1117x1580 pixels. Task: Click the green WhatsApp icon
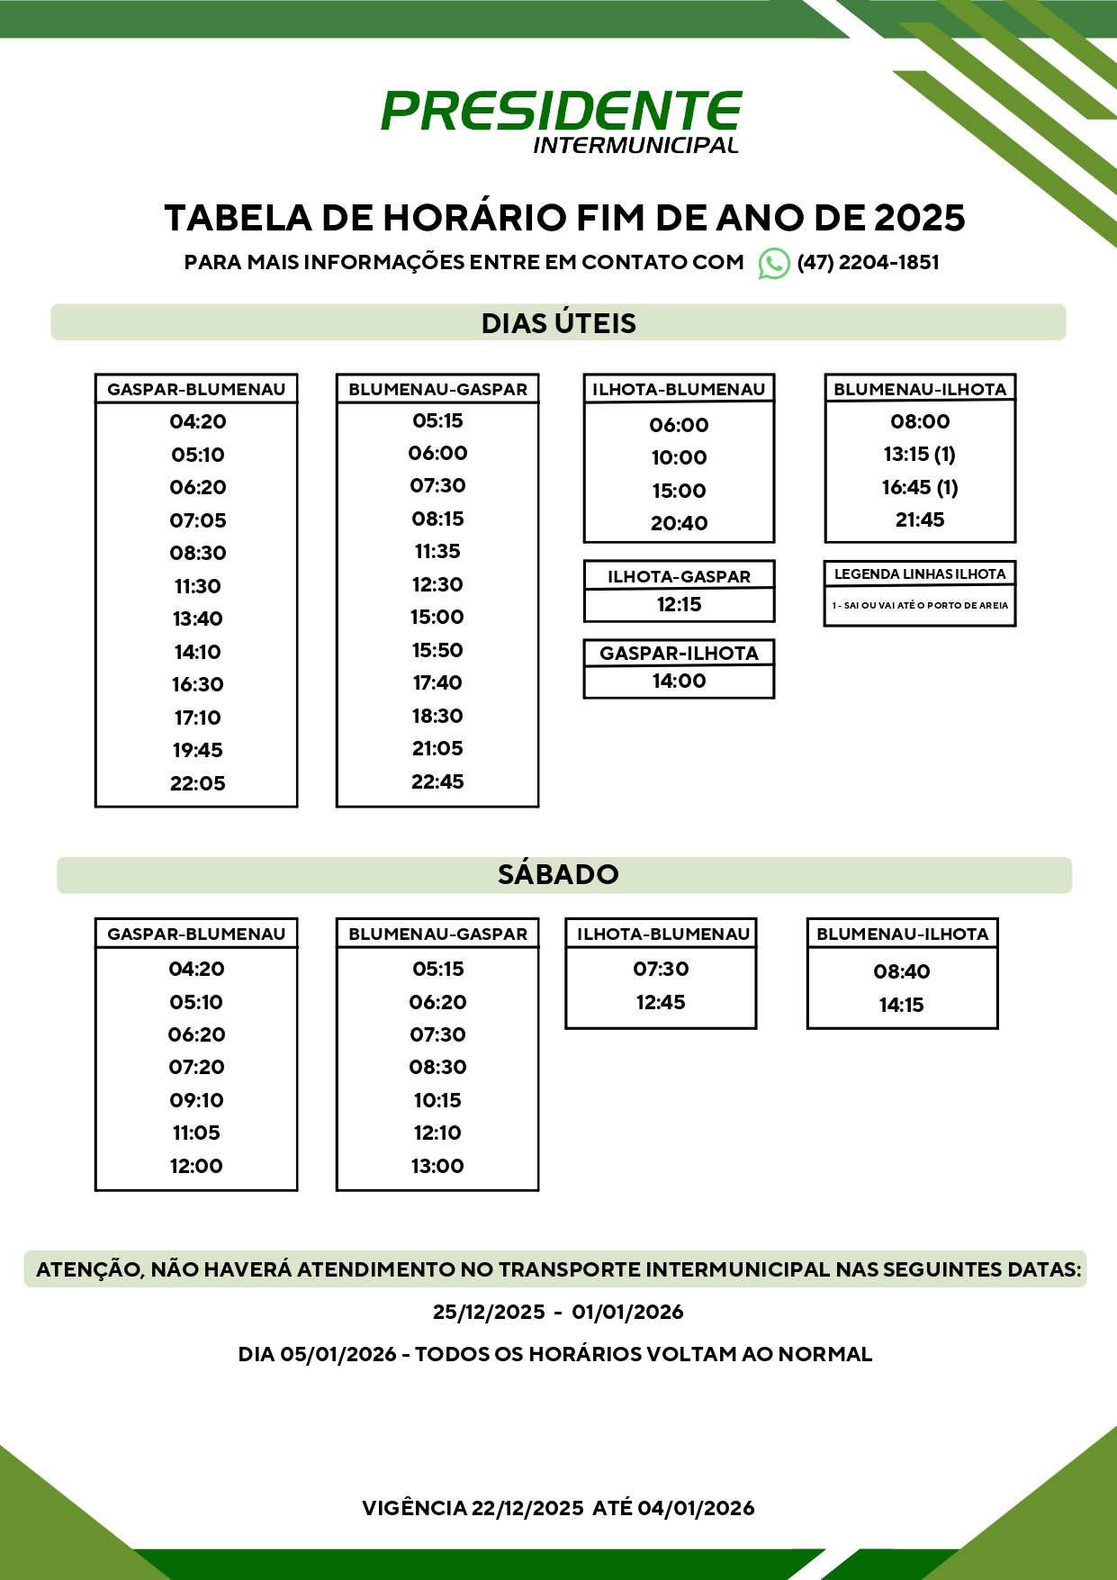pyautogui.click(x=774, y=263)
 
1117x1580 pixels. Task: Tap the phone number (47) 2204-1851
pyautogui.click(x=868, y=263)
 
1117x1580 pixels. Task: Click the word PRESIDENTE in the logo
pyautogui.click(x=561, y=112)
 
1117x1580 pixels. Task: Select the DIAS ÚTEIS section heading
pyautogui.click(x=558, y=323)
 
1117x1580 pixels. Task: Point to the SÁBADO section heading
pyautogui.click(x=558, y=874)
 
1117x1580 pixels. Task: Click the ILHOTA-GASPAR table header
pyautogui.click(x=679, y=576)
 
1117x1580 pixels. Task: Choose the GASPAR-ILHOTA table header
pyautogui.click(x=679, y=653)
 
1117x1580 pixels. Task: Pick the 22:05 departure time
pyautogui.click(x=197, y=783)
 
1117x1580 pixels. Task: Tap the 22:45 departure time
pyautogui.click(x=437, y=781)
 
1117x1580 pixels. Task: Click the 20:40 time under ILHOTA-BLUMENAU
pyautogui.click(x=679, y=523)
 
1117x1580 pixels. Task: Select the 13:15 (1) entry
pyautogui.click(x=920, y=454)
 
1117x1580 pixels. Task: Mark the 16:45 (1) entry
pyautogui.click(x=920, y=487)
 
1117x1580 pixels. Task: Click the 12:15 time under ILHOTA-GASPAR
pyautogui.click(x=679, y=604)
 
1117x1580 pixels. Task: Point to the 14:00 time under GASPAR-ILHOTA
pyautogui.click(x=679, y=681)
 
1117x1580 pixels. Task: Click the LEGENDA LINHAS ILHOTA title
pyautogui.click(x=920, y=573)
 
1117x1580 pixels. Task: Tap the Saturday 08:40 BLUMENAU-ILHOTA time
pyautogui.click(x=902, y=971)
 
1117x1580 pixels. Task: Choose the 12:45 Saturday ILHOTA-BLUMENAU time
pyautogui.click(x=661, y=1002)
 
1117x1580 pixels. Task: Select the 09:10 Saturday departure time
pyautogui.click(x=196, y=1100)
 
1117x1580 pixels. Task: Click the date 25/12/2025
pyautogui.click(x=489, y=1312)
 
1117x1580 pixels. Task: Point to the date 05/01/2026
pyautogui.click(x=338, y=1354)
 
